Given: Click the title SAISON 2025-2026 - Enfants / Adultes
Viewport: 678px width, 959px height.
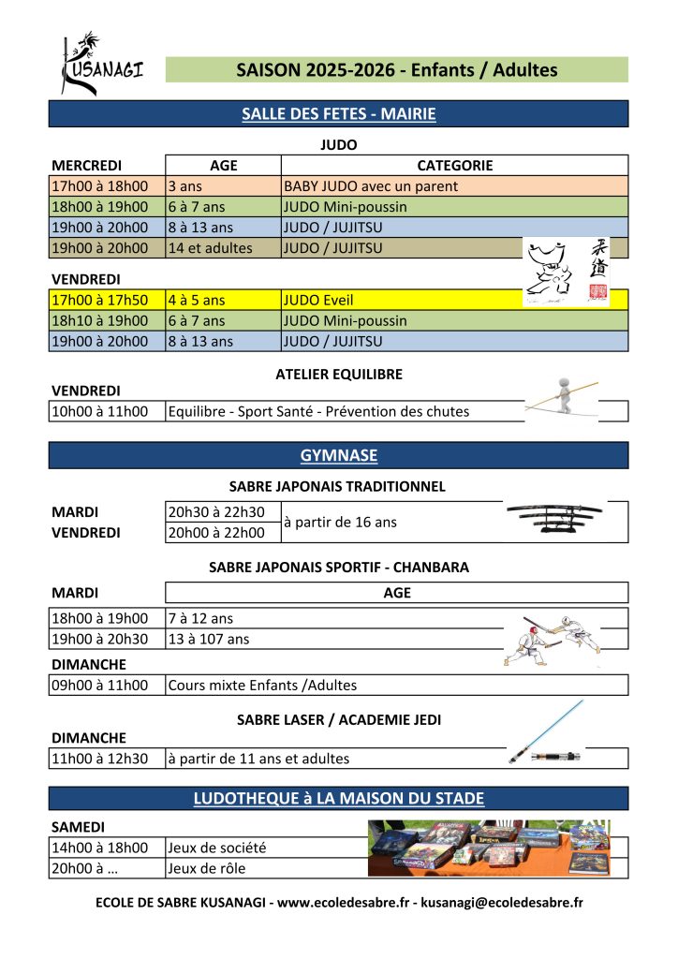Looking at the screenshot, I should [396, 70].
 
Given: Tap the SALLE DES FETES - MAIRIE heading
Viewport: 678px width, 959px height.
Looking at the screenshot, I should [338, 114].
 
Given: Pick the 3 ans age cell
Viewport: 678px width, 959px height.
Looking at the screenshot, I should [185, 186].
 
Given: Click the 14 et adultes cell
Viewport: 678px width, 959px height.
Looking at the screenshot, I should [210, 248].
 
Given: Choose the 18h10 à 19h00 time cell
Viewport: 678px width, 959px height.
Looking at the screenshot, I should [100, 321].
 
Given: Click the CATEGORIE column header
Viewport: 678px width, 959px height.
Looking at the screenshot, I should [454, 166].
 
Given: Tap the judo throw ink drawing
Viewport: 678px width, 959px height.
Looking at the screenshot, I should [553, 272].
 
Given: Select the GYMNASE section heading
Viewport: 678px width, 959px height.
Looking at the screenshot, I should [338, 456].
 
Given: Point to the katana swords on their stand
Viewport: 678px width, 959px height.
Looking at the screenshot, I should [554, 518].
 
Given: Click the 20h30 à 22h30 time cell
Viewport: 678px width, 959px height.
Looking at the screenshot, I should [215, 512].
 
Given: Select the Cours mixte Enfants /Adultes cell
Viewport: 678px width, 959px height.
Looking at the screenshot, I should [262, 685].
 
